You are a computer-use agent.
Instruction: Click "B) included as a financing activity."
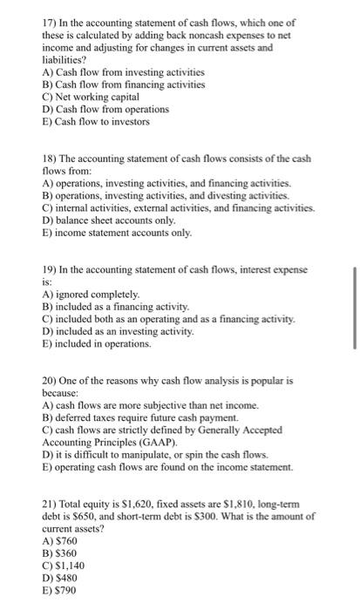(115, 307)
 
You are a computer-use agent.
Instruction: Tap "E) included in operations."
(96, 344)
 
